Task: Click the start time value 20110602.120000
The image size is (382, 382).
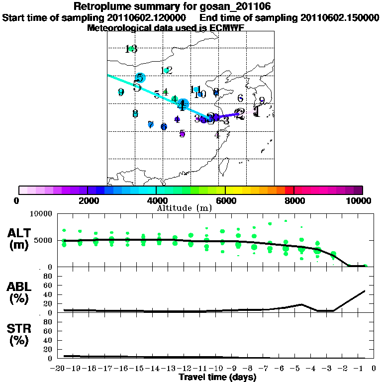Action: click(149, 17)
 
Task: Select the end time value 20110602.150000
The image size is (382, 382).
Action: click(340, 17)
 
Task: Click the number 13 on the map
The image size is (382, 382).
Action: click(131, 49)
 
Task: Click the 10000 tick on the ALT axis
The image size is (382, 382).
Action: click(43, 214)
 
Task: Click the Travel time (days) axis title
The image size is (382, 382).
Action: click(217, 378)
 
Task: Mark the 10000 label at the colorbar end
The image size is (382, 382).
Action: click(359, 200)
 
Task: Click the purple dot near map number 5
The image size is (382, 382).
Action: click(182, 134)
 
